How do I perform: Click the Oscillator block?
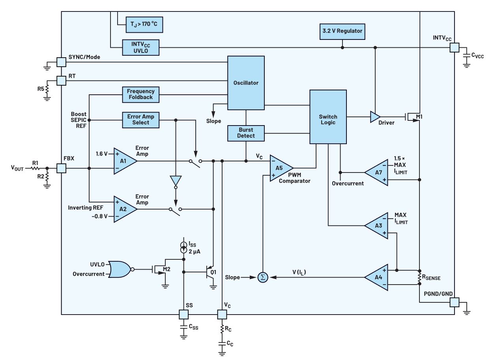(x=245, y=83)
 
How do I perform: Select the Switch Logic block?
(x=328, y=120)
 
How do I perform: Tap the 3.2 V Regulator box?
(x=342, y=31)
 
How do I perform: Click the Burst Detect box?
(x=246, y=133)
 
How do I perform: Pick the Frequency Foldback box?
(x=140, y=94)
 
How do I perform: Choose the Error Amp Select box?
(x=140, y=120)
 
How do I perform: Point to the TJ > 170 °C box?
(x=144, y=24)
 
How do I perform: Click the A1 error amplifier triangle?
(x=124, y=161)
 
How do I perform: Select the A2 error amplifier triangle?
(x=124, y=209)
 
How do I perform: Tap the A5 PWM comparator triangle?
(x=280, y=168)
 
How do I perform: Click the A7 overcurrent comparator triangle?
(x=377, y=172)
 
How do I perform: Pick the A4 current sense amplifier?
(x=377, y=277)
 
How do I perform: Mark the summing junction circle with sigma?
(x=262, y=277)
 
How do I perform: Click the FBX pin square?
(x=61, y=169)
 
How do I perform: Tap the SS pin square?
(x=184, y=314)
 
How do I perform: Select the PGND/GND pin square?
(x=455, y=302)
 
